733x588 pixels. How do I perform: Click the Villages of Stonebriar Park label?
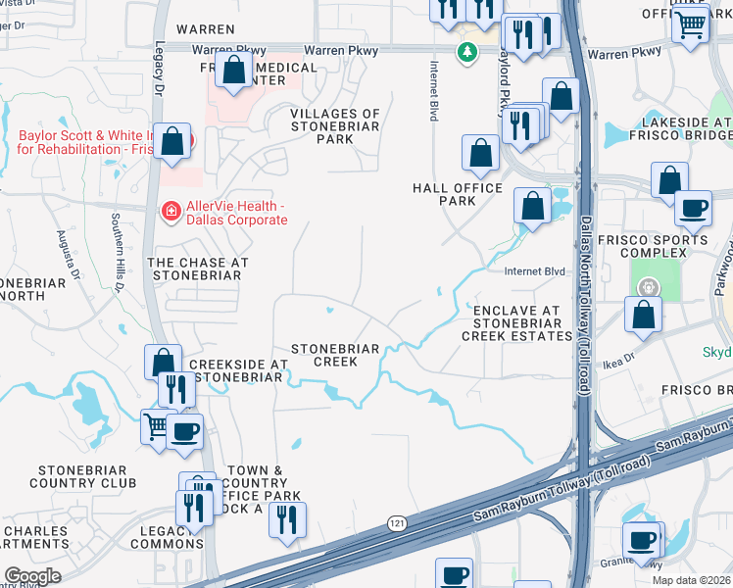click(x=335, y=126)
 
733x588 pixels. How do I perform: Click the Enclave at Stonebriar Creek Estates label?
click(x=516, y=323)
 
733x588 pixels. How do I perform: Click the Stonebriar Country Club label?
click(x=69, y=477)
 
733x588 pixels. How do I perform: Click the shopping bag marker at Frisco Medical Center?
click(x=234, y=71)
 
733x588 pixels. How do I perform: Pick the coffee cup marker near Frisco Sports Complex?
click(x=694, y=208)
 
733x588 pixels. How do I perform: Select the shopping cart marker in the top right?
click(x=692, y=23)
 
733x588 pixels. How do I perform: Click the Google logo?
click(x=32, y=576)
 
